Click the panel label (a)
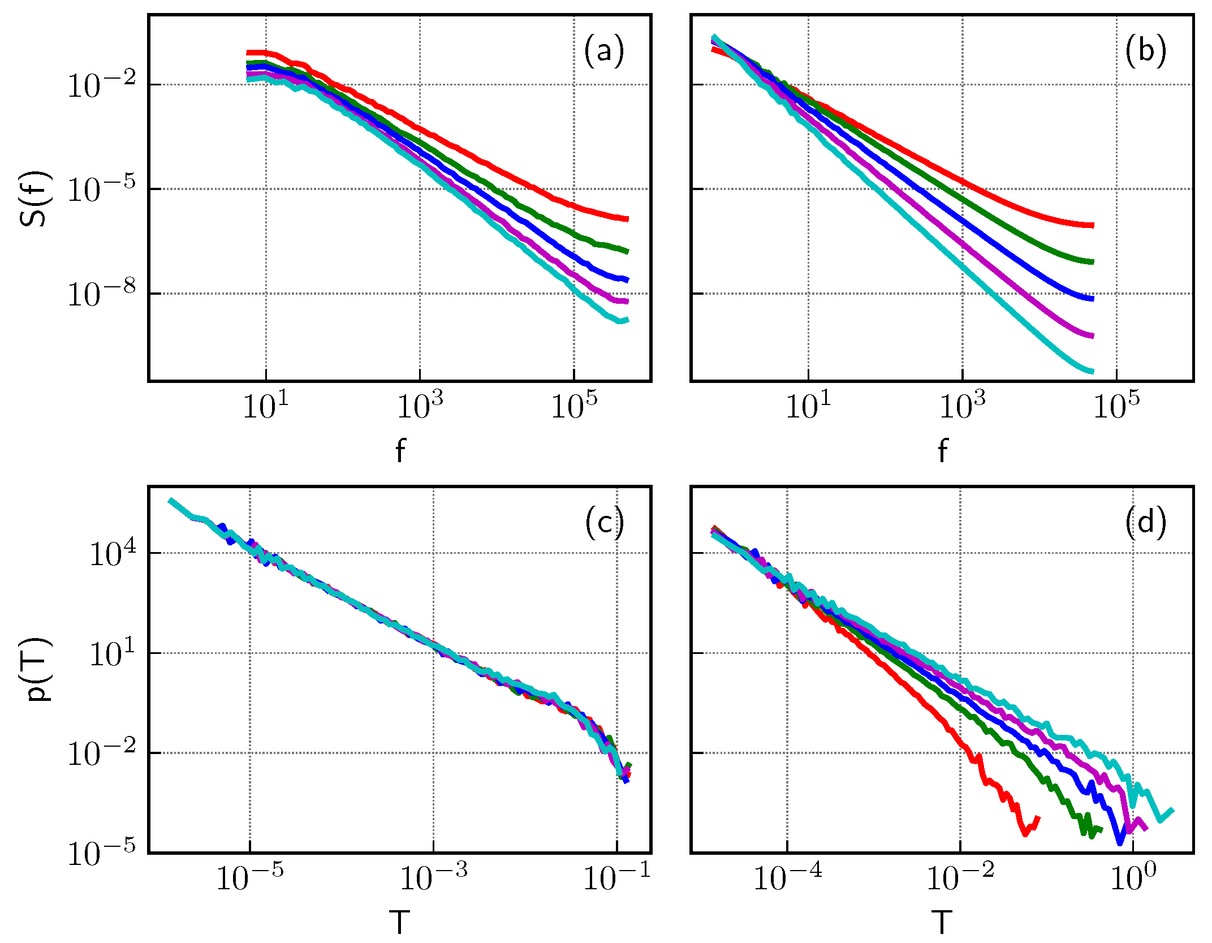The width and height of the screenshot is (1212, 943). point(604,51)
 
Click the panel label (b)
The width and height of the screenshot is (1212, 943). point(1146,51)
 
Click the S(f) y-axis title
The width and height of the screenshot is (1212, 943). point(35,198)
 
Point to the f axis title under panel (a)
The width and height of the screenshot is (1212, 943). point(400,451)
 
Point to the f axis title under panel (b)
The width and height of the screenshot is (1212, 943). point(942,451)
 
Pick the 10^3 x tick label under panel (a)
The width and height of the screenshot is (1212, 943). point(420,406)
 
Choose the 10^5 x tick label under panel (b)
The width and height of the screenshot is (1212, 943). point(1116,406)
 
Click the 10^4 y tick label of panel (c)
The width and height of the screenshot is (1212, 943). point(113,553)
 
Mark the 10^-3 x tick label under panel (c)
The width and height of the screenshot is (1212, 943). point(433,878)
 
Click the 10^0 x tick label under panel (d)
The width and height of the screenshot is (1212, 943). point(1133,878)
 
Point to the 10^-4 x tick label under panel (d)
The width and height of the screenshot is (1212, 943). point(787,878)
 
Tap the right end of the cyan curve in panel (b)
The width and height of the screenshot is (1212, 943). point(1093,372)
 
